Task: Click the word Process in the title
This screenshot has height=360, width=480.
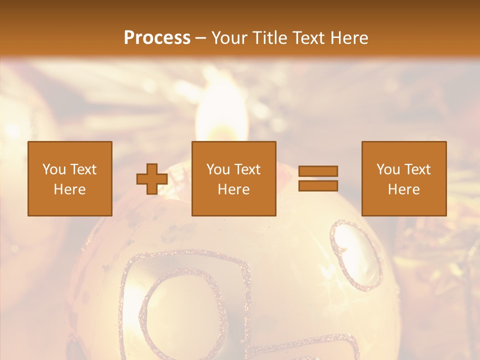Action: point(157,37)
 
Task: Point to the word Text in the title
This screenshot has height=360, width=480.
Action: point(311,37)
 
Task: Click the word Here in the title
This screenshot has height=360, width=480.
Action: point(350,37)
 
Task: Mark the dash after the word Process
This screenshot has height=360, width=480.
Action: point(200,38)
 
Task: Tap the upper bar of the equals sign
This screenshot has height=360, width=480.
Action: point(318,171)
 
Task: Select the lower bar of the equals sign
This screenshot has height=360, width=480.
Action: point(318,186)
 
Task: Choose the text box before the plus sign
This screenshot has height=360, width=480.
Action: point(70,178)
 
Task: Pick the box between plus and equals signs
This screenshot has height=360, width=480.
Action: point(234,178)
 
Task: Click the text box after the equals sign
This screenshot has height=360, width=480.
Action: point(404,178)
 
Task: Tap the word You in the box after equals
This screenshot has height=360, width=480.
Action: point(388,169)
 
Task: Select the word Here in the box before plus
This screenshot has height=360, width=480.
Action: point(70,189)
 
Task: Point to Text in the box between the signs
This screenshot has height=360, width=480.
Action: point(247,169)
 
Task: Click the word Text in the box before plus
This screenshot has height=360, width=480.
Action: point(83,169)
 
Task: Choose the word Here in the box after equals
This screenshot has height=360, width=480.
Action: point(404,189)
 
